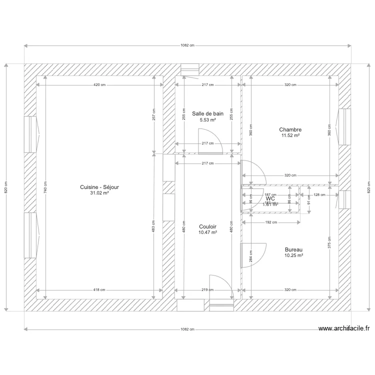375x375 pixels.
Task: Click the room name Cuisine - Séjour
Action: pyautogui.click(x=99, y=187)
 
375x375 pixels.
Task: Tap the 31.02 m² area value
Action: pyautogui.click(x=99, y=193)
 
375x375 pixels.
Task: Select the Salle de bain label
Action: pyautogui.click(x=207, y=114)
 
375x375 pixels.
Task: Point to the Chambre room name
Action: pyautogui.click(x=290, y=129)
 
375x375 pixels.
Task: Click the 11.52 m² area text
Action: pyautogui.click(x=290, y=135)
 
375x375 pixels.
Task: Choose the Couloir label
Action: pyautogui.click(x=207, y=226)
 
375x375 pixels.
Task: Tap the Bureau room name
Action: pyautogui.click(x=294, y=249)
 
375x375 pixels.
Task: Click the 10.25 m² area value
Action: pyautogui.click(x=294, y=255)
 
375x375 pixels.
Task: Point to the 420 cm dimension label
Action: pyautogui.click(x=99, y=85)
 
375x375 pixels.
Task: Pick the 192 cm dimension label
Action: pyautogui.click(x=271, y=222)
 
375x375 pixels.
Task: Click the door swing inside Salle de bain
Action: pyautogui.click(x=210, y=140)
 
